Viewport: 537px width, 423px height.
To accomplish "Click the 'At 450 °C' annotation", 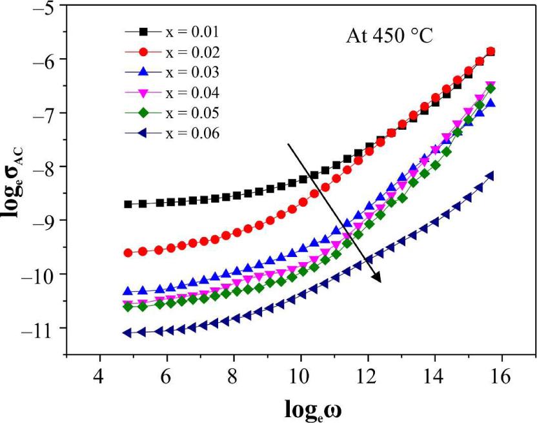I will [x=389, y=37].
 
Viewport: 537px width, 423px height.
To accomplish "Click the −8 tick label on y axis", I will [x=46, y=167].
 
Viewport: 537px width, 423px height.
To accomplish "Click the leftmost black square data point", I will [x=127, y=204].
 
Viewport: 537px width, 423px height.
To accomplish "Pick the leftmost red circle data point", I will [x=127, y=253].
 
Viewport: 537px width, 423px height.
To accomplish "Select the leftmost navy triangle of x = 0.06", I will [x=127, y=333].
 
